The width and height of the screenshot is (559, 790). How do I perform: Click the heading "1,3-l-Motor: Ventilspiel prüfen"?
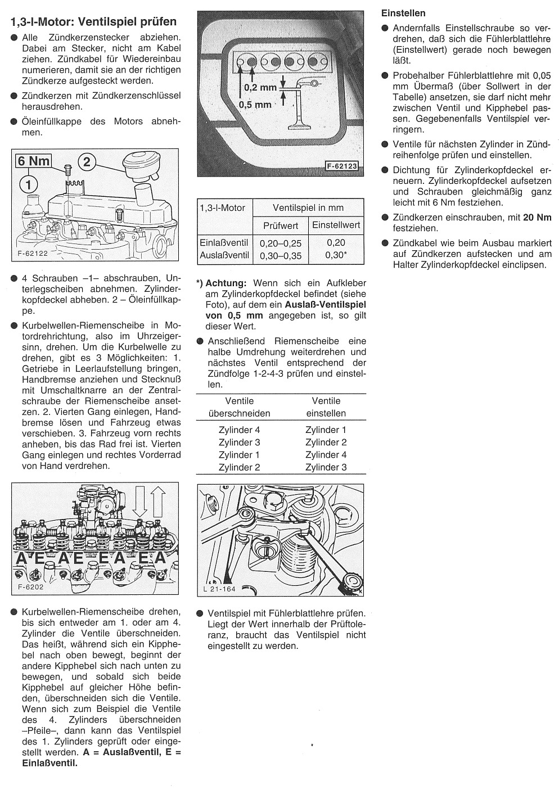coord(93,22)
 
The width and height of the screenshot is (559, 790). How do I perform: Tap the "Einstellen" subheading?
coord(403,13)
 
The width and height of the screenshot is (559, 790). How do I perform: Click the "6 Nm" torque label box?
coord(33,161)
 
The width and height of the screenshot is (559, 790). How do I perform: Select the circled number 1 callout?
coord(29,183)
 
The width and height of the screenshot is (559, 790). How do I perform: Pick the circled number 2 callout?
coord(87,162)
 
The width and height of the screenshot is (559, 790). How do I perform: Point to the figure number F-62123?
coord(342,166)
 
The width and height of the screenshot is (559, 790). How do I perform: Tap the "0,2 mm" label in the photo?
coord(260,88)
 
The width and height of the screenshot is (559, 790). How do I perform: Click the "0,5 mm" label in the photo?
coord(255,105)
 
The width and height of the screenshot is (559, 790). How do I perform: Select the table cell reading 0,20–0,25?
coord(280,243)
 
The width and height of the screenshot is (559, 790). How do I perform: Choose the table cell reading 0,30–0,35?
coord(280,256)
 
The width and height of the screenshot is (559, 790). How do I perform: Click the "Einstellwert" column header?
coord(336,225)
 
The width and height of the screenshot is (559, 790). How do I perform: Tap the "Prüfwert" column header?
coord(280,225)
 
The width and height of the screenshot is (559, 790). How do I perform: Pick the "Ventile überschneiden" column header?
coord(239,407)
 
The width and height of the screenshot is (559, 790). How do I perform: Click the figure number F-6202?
coord(30,587)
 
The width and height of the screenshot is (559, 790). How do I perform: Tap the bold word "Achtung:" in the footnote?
coord(226,283)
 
